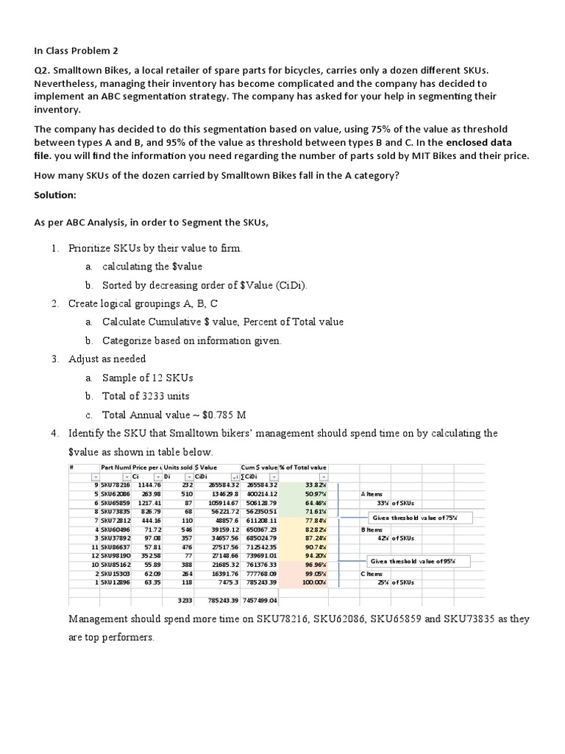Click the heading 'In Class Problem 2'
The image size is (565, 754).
pyautogui.click(x=76, y=51)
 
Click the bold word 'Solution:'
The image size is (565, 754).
pyautogui.click(x=56, y=196)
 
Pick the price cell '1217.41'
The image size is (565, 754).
pyautogui.click(x=149, y=502)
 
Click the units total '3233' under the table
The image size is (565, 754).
pyautogui.click(x=184, y=600)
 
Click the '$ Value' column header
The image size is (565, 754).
pyautogui.click(x=206, y=467)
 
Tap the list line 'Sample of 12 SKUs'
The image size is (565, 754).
pyautogui.click(x=147, y=378)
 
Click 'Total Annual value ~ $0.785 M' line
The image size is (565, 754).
pyautogui.click(x=176, y=415)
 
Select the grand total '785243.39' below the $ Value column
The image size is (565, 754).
pyautogui.click(x=223, y=600)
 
